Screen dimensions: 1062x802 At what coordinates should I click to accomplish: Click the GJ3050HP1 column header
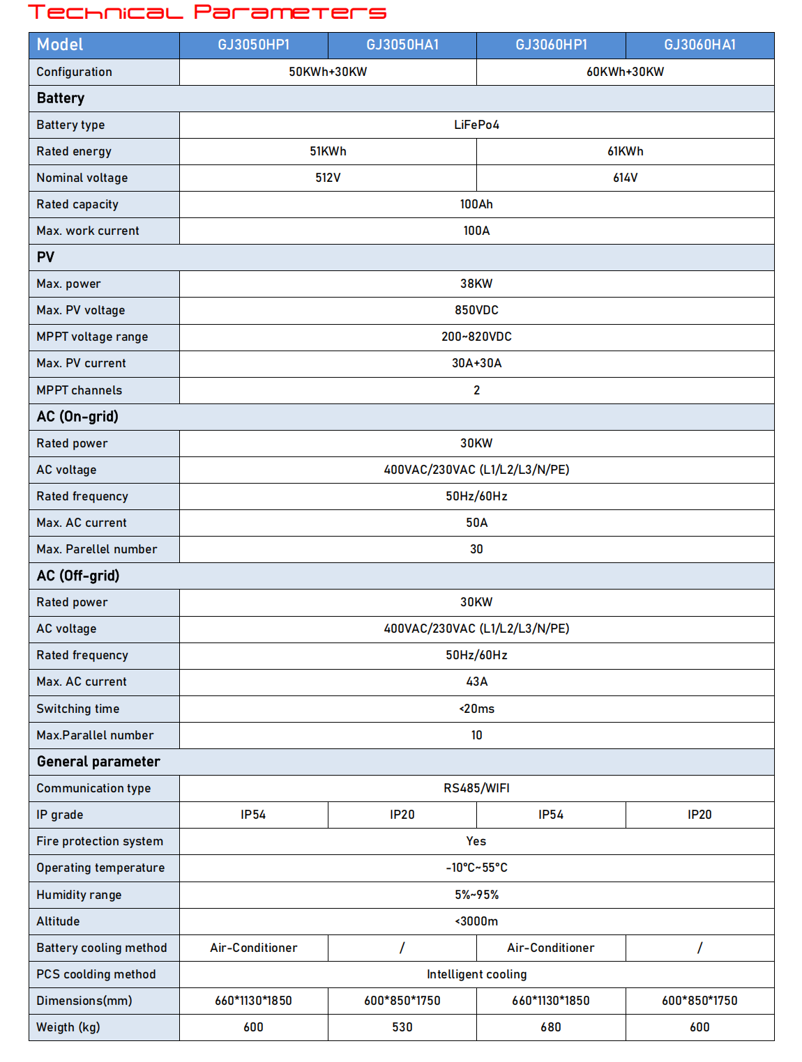point(253,45)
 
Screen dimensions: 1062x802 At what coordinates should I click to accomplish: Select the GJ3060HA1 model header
point(699,45)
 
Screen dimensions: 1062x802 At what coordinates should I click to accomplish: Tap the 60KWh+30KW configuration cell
point(625,72)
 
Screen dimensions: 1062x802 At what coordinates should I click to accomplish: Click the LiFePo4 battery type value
point(476,125)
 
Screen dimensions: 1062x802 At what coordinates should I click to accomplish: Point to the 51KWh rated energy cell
point(328,151)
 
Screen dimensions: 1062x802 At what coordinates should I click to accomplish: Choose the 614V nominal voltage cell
point(625,178)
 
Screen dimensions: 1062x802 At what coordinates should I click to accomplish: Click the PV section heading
point(45,257)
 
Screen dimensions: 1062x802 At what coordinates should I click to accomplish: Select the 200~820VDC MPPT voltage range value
point(476,337)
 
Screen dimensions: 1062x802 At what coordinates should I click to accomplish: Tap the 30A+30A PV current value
point(476,363)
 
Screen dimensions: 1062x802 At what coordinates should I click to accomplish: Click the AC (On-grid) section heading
point(77,417)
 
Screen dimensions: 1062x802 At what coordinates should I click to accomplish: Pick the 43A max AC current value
point(476,682)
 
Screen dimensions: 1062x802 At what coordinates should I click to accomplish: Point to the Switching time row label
point(78,709)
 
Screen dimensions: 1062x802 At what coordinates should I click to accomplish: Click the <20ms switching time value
point(476,709)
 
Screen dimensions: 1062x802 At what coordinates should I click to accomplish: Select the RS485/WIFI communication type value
point(476,788)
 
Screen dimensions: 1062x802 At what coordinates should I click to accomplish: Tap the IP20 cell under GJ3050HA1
point(402,815)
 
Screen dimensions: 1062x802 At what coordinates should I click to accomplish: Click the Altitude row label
point(58,921)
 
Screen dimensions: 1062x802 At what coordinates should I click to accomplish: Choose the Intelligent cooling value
point(476,974)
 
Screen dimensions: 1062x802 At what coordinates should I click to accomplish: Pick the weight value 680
point(550,1027)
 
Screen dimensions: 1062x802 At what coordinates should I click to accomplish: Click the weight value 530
point(402,1027)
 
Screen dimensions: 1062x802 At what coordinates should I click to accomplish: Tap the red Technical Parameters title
point(206,13)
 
